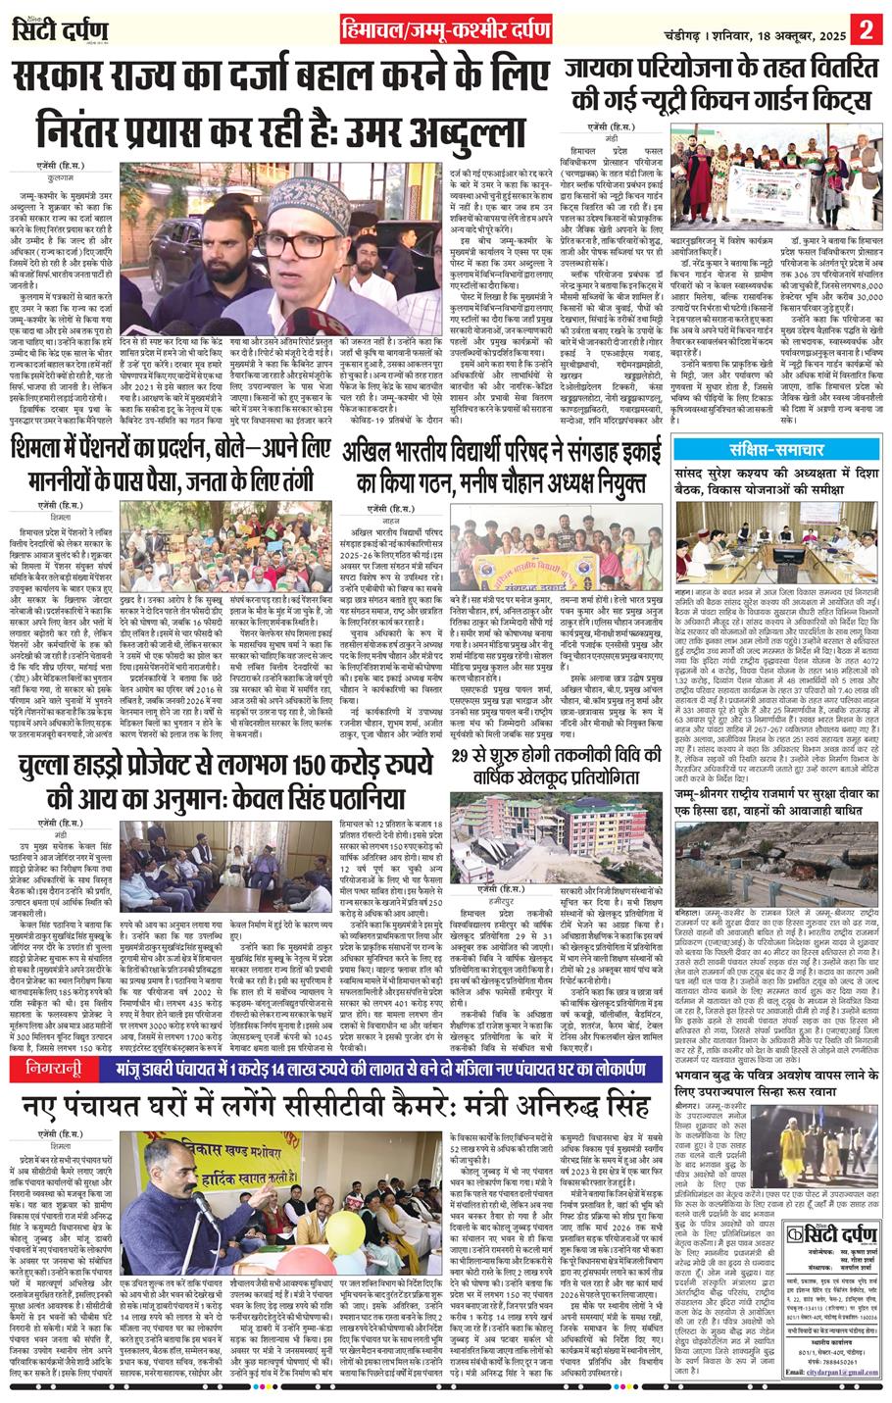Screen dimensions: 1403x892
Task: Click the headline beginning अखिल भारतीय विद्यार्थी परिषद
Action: [x=499, y=470]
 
